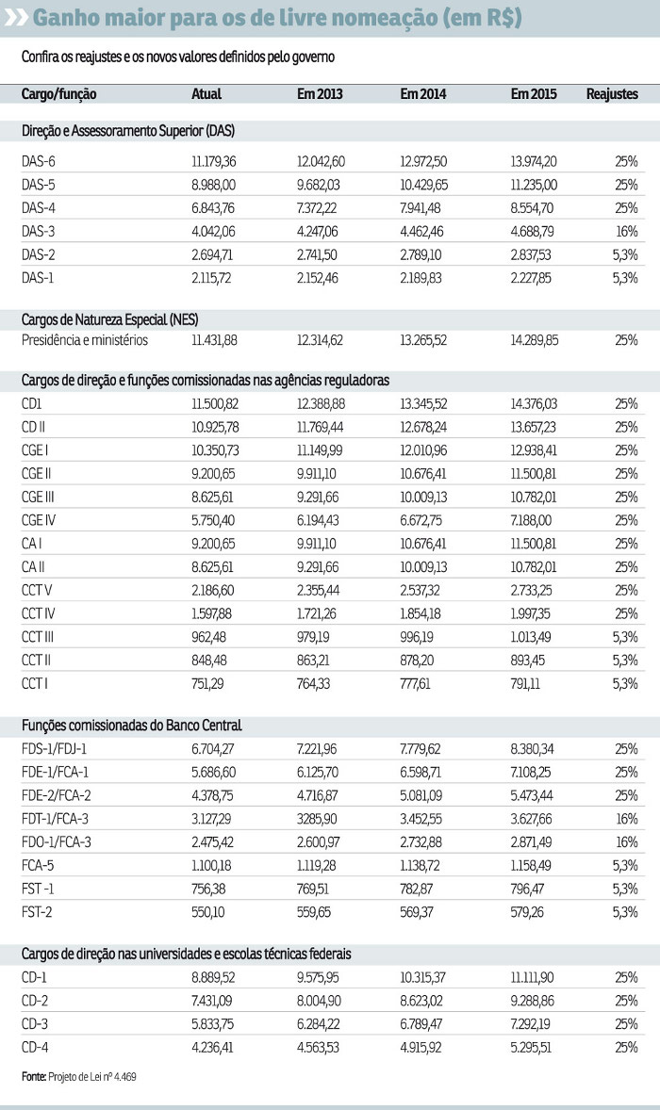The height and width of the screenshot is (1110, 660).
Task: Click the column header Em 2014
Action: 423,94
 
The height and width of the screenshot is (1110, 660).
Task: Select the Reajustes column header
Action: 612,94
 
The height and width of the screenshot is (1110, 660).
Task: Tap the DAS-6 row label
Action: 39,162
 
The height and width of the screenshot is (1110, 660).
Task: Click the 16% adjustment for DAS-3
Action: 627,231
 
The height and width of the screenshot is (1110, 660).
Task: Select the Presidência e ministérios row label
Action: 85,340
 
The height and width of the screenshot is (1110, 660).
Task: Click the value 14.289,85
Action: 534,340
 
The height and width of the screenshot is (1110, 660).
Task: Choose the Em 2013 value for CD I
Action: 321,403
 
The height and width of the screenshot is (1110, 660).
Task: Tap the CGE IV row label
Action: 41,520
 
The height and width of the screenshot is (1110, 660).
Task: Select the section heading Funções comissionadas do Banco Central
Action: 132,725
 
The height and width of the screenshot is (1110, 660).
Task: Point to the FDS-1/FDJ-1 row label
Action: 60,749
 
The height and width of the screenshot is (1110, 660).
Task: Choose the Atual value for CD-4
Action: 213,1047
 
